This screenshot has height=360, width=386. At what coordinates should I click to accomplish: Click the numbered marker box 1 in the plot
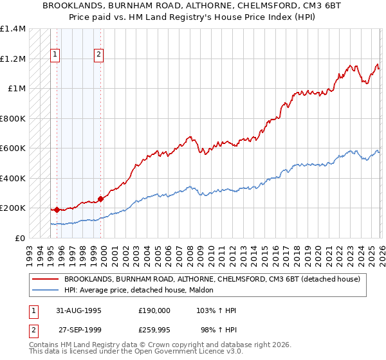tap(56, 55)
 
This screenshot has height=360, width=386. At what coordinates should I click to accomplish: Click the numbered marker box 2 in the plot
tap(99, 55)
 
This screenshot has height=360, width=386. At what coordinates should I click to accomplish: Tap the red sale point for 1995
tap(57, 210)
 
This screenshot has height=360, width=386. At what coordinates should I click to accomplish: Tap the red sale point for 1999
tap(100, 199)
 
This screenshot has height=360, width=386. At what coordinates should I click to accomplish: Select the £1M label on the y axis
tap(17, 89)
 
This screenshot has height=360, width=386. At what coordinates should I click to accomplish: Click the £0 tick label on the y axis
tap(21, 238)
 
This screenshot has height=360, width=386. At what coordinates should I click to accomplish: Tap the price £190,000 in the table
tap(154, 310)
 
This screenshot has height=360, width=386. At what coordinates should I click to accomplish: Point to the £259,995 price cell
tap(154, 330)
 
